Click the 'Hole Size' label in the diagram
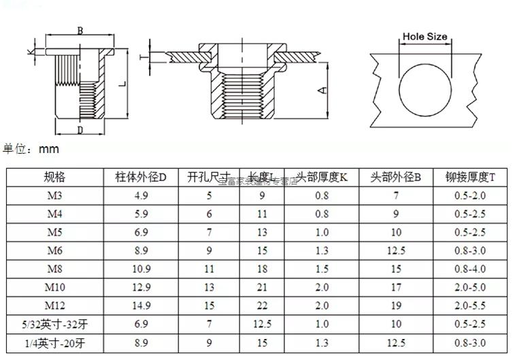point(425,37)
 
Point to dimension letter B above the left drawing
point(80,31)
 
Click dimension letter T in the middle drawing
point(142,57)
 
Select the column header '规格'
point(54,177)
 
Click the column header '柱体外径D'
point(141,177)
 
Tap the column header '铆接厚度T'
point(470,177)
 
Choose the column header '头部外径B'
point(395,177)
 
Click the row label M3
point(54,195)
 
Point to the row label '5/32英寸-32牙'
point(54,324)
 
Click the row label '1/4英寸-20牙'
point(54,342)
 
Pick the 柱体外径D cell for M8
point(141,269)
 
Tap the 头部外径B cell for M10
point(395,287)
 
